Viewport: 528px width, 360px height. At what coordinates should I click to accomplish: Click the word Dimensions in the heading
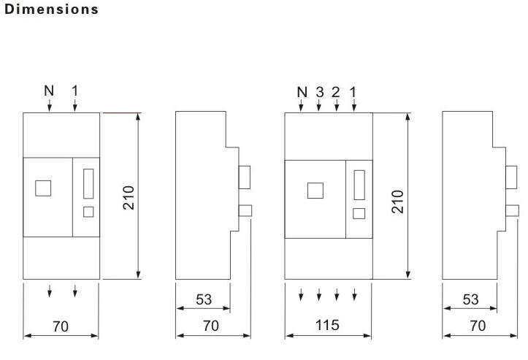point(52,9)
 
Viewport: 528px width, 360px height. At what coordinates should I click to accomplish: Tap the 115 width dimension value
point(327,325)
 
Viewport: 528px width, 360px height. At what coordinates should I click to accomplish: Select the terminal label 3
point(320,91)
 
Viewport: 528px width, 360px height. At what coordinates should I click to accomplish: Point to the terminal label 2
point(336,91)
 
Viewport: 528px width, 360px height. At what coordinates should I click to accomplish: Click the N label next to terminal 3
point(302,91)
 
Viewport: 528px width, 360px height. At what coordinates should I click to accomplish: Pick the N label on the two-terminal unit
point(49,91)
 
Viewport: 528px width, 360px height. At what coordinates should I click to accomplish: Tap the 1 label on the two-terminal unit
point(74,91)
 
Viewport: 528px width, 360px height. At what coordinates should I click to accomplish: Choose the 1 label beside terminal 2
point(353,91)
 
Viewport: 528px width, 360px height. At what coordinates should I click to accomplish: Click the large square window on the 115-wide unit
point(315,191)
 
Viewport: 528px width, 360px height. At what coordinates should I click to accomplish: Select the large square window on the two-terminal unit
point(43,188)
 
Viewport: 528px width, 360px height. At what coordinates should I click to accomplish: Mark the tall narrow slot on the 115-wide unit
point(359,185)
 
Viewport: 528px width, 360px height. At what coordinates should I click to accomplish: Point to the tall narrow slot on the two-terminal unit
point(88,183)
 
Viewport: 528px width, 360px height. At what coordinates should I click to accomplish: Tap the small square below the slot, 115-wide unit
point(359,213)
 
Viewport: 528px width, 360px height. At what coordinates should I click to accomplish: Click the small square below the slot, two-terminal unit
point(88,212)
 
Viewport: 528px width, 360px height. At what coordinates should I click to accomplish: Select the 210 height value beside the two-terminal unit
point(129,198)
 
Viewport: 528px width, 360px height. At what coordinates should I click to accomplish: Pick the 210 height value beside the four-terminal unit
point(398,202)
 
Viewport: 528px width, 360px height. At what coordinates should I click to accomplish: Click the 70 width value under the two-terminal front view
point(61,326)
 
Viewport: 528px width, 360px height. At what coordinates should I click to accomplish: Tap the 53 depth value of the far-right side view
point(470,299)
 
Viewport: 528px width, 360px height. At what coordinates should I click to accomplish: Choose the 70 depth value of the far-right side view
point(478,326)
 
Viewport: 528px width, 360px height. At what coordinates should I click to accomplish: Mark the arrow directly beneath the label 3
point(319,105)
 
